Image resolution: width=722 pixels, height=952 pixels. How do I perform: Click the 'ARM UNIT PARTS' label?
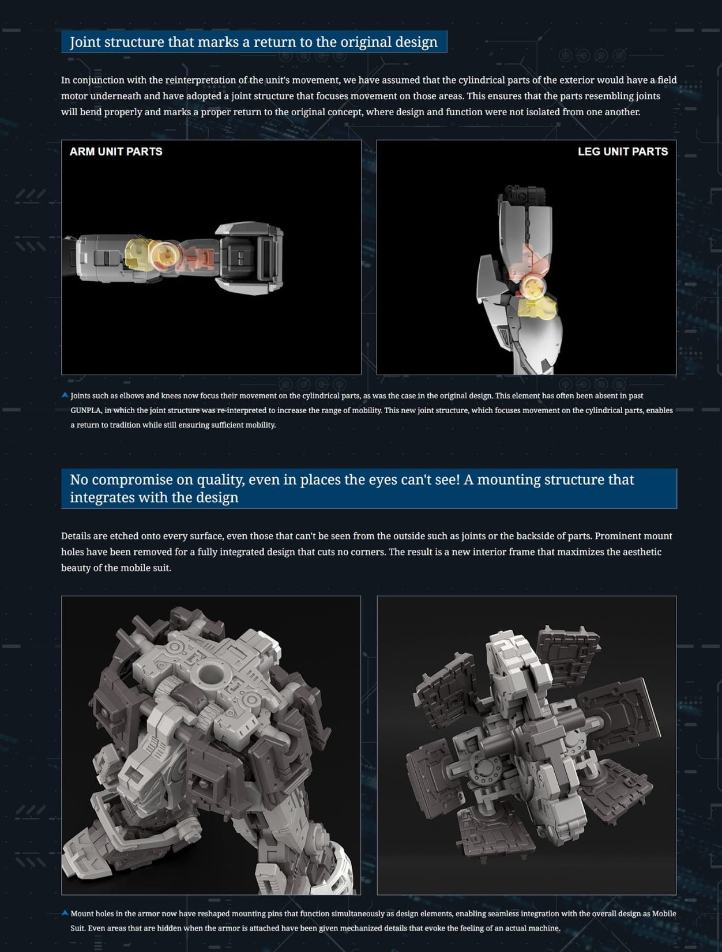click(116, 152)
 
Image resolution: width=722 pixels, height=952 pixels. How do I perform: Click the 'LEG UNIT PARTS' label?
click(623, 152)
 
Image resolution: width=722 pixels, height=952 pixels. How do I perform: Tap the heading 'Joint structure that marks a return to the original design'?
click(254, 42)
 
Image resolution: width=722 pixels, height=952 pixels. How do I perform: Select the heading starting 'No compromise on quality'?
click(352, 488)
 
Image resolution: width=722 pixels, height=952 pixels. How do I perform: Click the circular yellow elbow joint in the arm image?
click(164, 255)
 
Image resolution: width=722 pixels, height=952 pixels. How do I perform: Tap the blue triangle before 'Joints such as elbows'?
click(65, 395)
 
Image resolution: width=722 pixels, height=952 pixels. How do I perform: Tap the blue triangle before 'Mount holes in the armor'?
click(65, 913)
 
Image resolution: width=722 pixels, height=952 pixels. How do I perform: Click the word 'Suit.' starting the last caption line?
click(78, 928)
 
